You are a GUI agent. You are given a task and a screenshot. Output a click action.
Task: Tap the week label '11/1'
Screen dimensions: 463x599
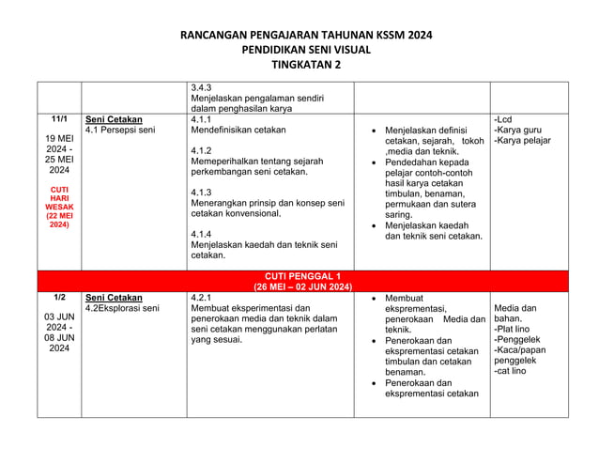pos(59,120)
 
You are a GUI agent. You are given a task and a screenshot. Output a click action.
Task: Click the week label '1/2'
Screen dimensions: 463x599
pos(59,298)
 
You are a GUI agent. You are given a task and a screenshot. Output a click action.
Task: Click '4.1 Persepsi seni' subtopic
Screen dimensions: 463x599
pos(120,131)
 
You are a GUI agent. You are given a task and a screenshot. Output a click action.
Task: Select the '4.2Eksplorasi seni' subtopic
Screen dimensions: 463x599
pos(122,308)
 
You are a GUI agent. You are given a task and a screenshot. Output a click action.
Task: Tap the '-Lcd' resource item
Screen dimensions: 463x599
pos(502,120)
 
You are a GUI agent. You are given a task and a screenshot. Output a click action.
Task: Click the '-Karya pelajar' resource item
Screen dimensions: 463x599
pos(522,141)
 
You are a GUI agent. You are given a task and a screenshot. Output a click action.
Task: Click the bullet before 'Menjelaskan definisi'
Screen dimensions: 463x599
pos(375,131)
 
